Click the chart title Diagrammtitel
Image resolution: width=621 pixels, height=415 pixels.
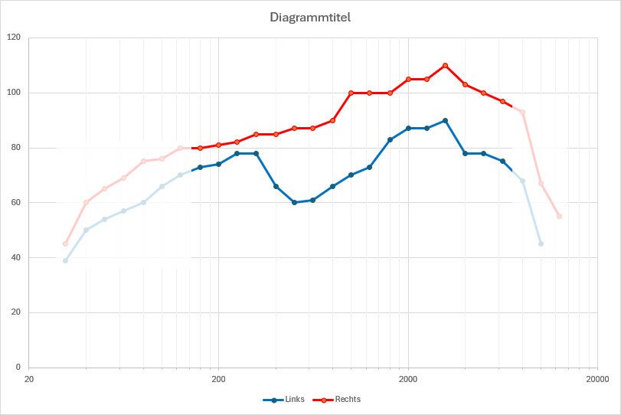tap(309, 16)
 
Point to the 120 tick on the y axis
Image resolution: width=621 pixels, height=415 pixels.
tap(15, 38)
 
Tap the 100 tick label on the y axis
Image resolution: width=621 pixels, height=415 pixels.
tap(15, 93)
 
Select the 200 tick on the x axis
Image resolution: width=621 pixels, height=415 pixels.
tap(218, 378)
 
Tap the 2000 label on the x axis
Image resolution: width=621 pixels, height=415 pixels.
tap(408, 378)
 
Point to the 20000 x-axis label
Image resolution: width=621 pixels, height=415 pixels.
tap(597, 378)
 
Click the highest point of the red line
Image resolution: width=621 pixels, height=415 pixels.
tap(445, 65)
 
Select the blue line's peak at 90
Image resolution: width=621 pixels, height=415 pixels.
tap(445, 120)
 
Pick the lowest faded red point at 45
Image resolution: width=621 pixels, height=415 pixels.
tap(65, 243)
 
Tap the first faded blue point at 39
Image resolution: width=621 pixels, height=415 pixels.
tap(65, 260)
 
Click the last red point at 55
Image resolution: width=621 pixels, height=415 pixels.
tap(559, 216)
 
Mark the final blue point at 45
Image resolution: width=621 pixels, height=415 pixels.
tap(541, 243)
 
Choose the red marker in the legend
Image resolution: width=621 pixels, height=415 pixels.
tap(324, 399)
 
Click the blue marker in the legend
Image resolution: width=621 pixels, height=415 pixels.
tap(272, 399)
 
